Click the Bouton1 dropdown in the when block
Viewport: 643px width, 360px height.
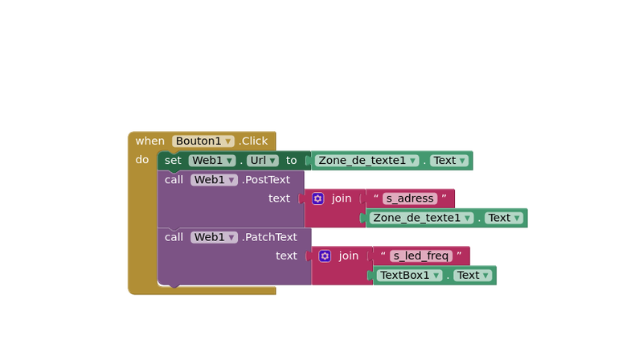[203, 141]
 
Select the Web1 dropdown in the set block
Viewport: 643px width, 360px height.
[211, 161]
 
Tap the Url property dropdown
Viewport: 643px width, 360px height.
[262, 161]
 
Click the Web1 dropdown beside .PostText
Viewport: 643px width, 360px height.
[213, 180]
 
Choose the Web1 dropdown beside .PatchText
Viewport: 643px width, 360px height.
[213, 237]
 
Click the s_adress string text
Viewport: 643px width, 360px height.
[409, 198]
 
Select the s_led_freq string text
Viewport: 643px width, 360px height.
[420, 256]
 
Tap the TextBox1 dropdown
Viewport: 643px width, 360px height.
[410, 276]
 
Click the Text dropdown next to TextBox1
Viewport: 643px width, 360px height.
[472, 276]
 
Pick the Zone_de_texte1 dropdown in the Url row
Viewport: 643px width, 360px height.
[367, 161]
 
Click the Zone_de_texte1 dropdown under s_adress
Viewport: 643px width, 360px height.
[422, 218]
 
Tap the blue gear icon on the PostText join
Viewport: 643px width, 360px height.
[318, 198]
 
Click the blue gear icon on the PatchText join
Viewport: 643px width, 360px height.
[325, 256]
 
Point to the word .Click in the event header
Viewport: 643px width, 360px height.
[253, 141]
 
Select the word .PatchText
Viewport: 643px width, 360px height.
[269, 237]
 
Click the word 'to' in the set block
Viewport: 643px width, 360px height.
[291, 161]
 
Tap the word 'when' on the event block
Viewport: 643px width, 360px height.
[149, 141]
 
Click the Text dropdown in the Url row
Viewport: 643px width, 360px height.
[448, 161]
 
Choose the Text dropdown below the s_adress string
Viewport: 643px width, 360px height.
[503, 218]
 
